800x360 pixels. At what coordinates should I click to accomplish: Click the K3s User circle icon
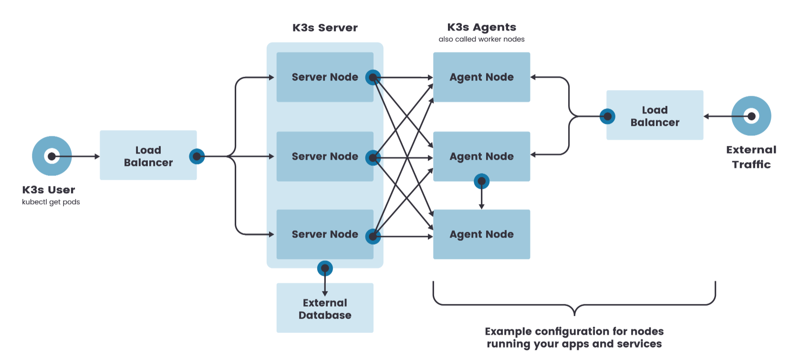[x=52, y=156]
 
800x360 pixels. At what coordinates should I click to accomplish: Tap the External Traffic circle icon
[x=751, y=116]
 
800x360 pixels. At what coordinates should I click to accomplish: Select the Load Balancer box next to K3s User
[x=148, y=155]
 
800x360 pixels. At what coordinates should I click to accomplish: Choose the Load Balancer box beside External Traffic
[x=655, y=115]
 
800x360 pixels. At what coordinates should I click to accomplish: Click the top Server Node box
[x=324, y=77]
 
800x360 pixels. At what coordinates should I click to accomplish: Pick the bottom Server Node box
[x=324, y=234]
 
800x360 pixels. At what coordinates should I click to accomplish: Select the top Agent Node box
[x=481, y=77]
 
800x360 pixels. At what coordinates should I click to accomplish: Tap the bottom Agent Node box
[x=481, y=234]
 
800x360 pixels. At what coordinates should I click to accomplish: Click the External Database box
[x=324, y=308]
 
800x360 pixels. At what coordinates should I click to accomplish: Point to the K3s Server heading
[x=325, y=28]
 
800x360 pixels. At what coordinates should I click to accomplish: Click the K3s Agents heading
[x=481, y=27]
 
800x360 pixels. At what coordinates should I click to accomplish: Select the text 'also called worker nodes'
[x=481, y=39]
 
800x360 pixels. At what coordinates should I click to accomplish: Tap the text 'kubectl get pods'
[x=51, y=202]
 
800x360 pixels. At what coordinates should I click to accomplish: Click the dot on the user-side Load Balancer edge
[x=197, y=156]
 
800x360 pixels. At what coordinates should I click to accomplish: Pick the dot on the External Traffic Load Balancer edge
[x=607, y=116]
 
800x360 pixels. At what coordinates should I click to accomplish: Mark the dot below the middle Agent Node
[x=481, y=181]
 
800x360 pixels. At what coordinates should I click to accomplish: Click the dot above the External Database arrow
[x=325, y=268]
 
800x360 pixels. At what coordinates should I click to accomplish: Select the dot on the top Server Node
[x=373, y=77]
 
